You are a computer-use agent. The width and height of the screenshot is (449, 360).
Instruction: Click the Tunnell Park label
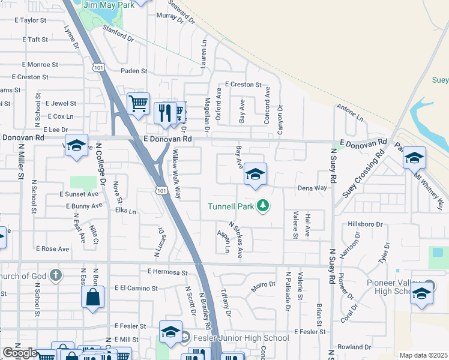pos(231,206)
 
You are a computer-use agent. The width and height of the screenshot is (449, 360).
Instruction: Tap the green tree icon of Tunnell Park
pos(262,206)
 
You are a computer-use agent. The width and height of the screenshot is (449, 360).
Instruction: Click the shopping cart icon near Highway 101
pos(139,104)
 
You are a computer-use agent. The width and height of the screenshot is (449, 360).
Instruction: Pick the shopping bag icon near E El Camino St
pos(92,297)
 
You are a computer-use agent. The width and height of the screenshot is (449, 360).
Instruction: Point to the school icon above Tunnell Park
pos(256,175)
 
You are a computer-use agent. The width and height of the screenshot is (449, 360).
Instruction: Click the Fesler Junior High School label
pos(240,338)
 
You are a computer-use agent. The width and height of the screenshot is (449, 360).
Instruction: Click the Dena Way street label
pos(313,188)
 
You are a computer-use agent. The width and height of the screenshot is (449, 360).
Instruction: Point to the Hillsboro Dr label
pos(365,224)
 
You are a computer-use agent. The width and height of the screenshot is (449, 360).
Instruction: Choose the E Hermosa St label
pos(168,272)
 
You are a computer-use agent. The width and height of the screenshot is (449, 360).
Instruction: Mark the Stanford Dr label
pos(118,32)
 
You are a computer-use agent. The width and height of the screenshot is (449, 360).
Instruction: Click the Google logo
pos(19,353)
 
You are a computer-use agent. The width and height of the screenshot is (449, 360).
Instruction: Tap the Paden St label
pos(133,71)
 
